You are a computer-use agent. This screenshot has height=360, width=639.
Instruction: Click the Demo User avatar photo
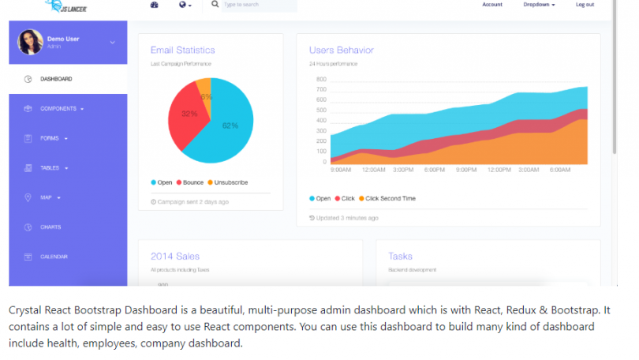(30, 42)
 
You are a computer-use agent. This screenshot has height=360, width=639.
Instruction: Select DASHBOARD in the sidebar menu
(56, 79)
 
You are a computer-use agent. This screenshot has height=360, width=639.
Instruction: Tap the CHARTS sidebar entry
(50, 227)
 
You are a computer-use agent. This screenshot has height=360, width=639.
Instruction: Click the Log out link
(585, 5)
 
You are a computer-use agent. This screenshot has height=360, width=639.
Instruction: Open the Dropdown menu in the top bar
(539, 5)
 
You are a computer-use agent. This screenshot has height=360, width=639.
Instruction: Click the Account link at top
(492, 5)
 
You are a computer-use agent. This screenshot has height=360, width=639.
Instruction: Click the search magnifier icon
(215, 5)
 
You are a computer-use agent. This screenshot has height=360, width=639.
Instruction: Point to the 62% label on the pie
(230, 126)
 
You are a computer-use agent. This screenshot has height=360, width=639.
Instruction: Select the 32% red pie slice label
(189, 114)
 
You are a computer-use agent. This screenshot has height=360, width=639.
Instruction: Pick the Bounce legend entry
(189, 182)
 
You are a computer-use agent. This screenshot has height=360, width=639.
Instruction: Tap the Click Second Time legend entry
(390, 198)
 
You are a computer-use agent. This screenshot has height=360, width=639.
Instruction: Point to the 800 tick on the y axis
(321, 80)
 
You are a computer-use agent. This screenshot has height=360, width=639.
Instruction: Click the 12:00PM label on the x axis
(499, 170)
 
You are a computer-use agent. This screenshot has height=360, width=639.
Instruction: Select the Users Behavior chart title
(341, 51)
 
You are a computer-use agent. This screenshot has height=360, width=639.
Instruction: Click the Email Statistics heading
(182, 51)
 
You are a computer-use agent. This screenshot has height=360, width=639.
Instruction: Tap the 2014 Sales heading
(175, 256)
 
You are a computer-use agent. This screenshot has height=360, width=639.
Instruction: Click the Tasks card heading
(400, 256)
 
